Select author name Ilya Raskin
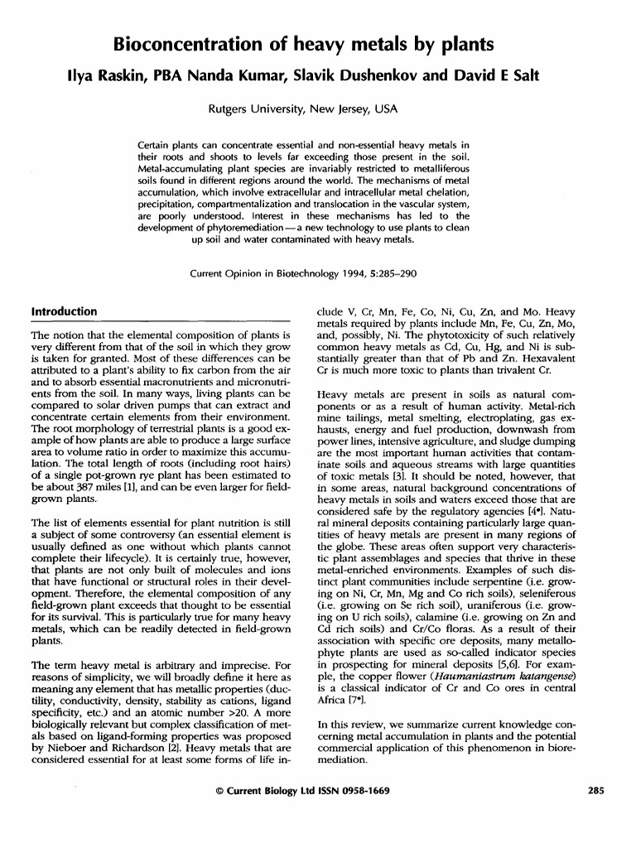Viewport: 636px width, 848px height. pos(104,76)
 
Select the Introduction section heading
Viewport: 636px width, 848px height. pos(64,311)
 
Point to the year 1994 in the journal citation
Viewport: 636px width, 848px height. pos(340,272)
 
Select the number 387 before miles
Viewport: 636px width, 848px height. pos(79,489)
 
